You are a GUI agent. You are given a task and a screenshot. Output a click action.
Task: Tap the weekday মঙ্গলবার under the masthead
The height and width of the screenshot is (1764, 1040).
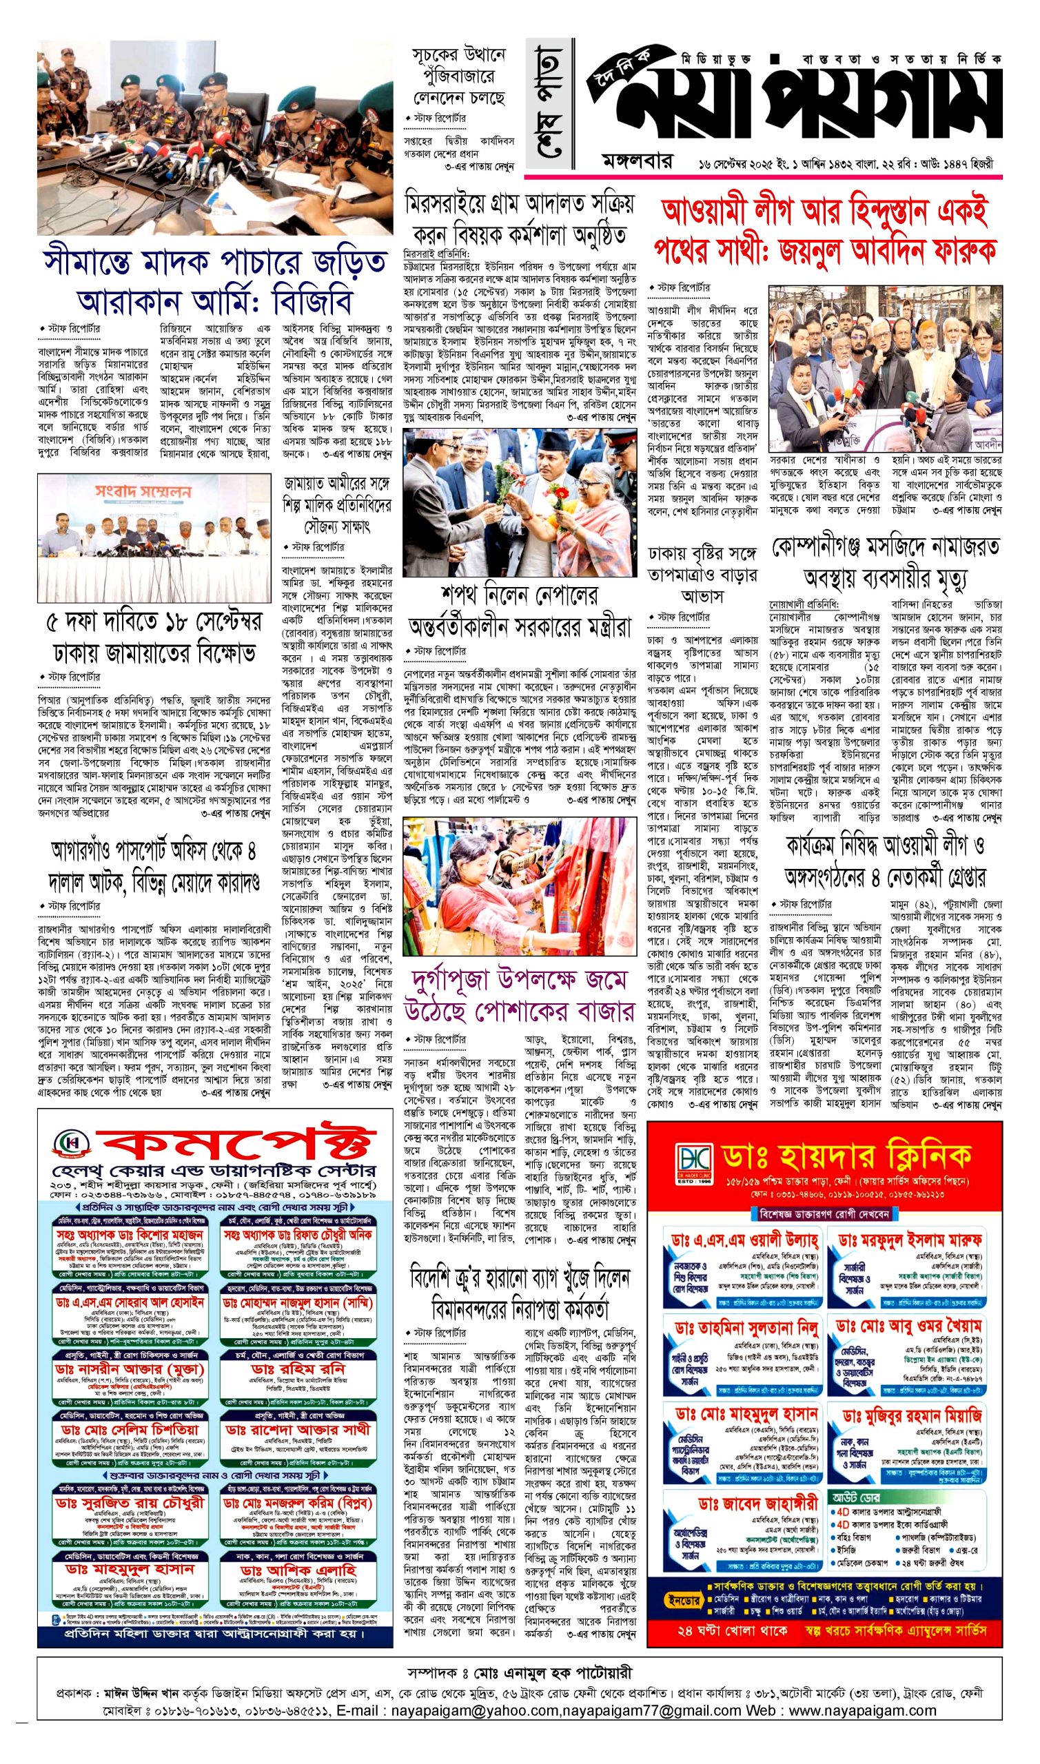(x=637, y=163)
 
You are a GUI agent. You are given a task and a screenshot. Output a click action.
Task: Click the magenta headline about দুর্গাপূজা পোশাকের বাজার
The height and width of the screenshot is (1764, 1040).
(x=519, y=996)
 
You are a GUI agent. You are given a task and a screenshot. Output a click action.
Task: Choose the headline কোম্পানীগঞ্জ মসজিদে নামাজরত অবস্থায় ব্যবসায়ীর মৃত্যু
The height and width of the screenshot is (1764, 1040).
(x=886, y=562)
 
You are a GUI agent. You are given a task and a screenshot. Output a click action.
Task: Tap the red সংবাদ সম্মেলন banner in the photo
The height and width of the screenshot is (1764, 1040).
(x=143, y=492)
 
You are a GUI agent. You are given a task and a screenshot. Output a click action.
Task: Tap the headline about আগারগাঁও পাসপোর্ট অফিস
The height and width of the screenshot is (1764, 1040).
(x=154, y=866)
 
